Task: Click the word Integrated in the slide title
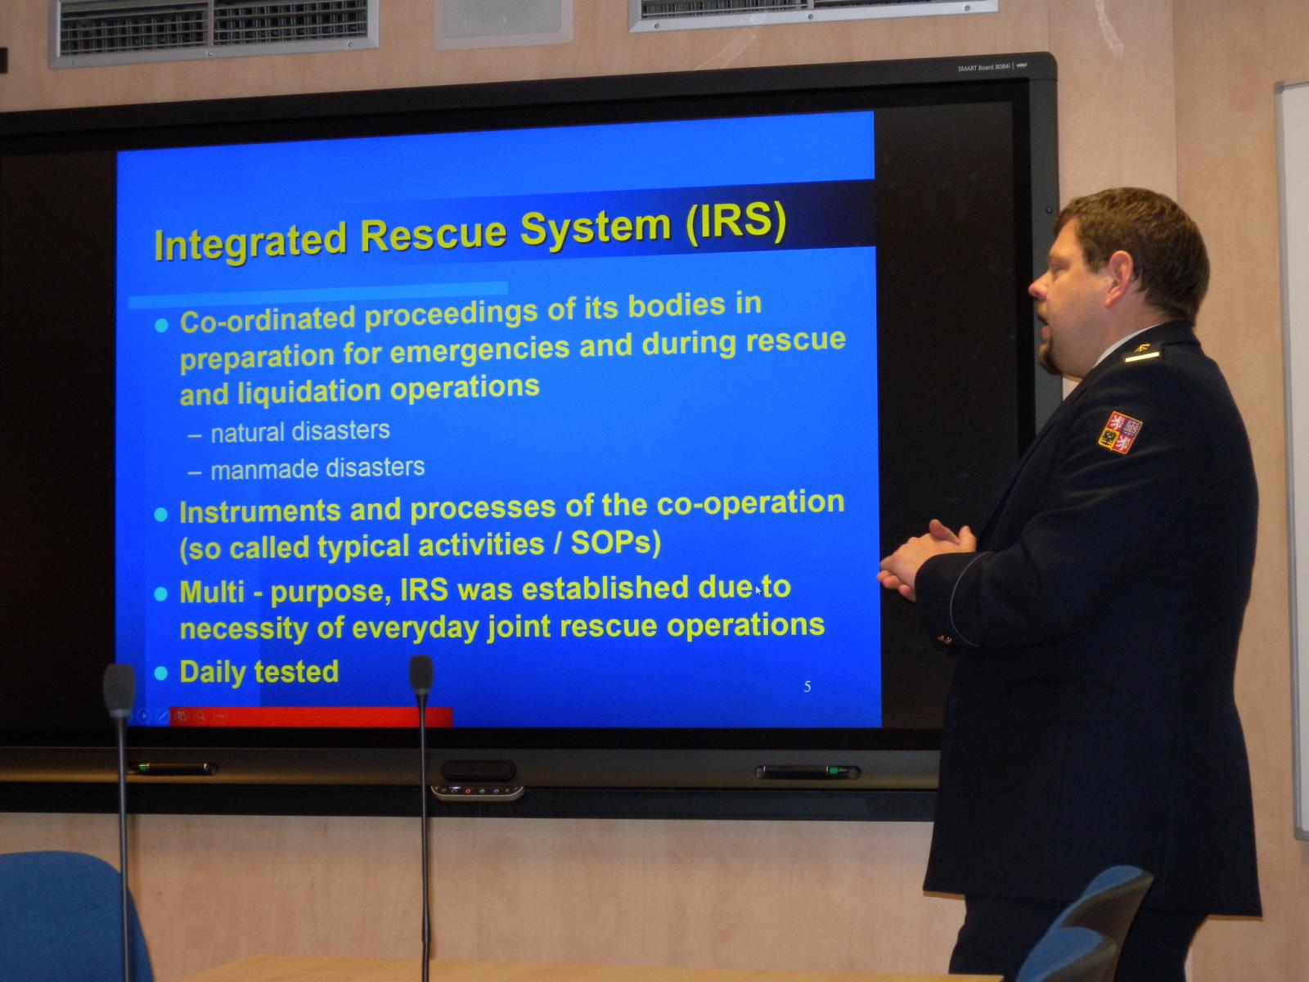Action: click(250, 241)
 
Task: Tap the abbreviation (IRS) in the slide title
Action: click(736, 223)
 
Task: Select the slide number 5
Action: click(807, 687)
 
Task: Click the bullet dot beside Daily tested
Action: click(161, 673)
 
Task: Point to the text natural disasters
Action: click(300, 432)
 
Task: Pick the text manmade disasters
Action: click(318, 469)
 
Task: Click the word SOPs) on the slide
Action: click(616, 543)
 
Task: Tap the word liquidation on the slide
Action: click(309, 392)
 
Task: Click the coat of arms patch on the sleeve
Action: click(1120, 432)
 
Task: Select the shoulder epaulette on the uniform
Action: click(1142, 355)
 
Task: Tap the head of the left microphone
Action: click(119, 691)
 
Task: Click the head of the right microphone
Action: click(421, 676)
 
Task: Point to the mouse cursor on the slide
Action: click(758, 590)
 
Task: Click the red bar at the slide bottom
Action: click(311, 717)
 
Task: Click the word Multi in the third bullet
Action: click(212, 592)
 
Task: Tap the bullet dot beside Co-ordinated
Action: click(161, 325)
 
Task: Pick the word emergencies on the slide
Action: click(480, 350)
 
